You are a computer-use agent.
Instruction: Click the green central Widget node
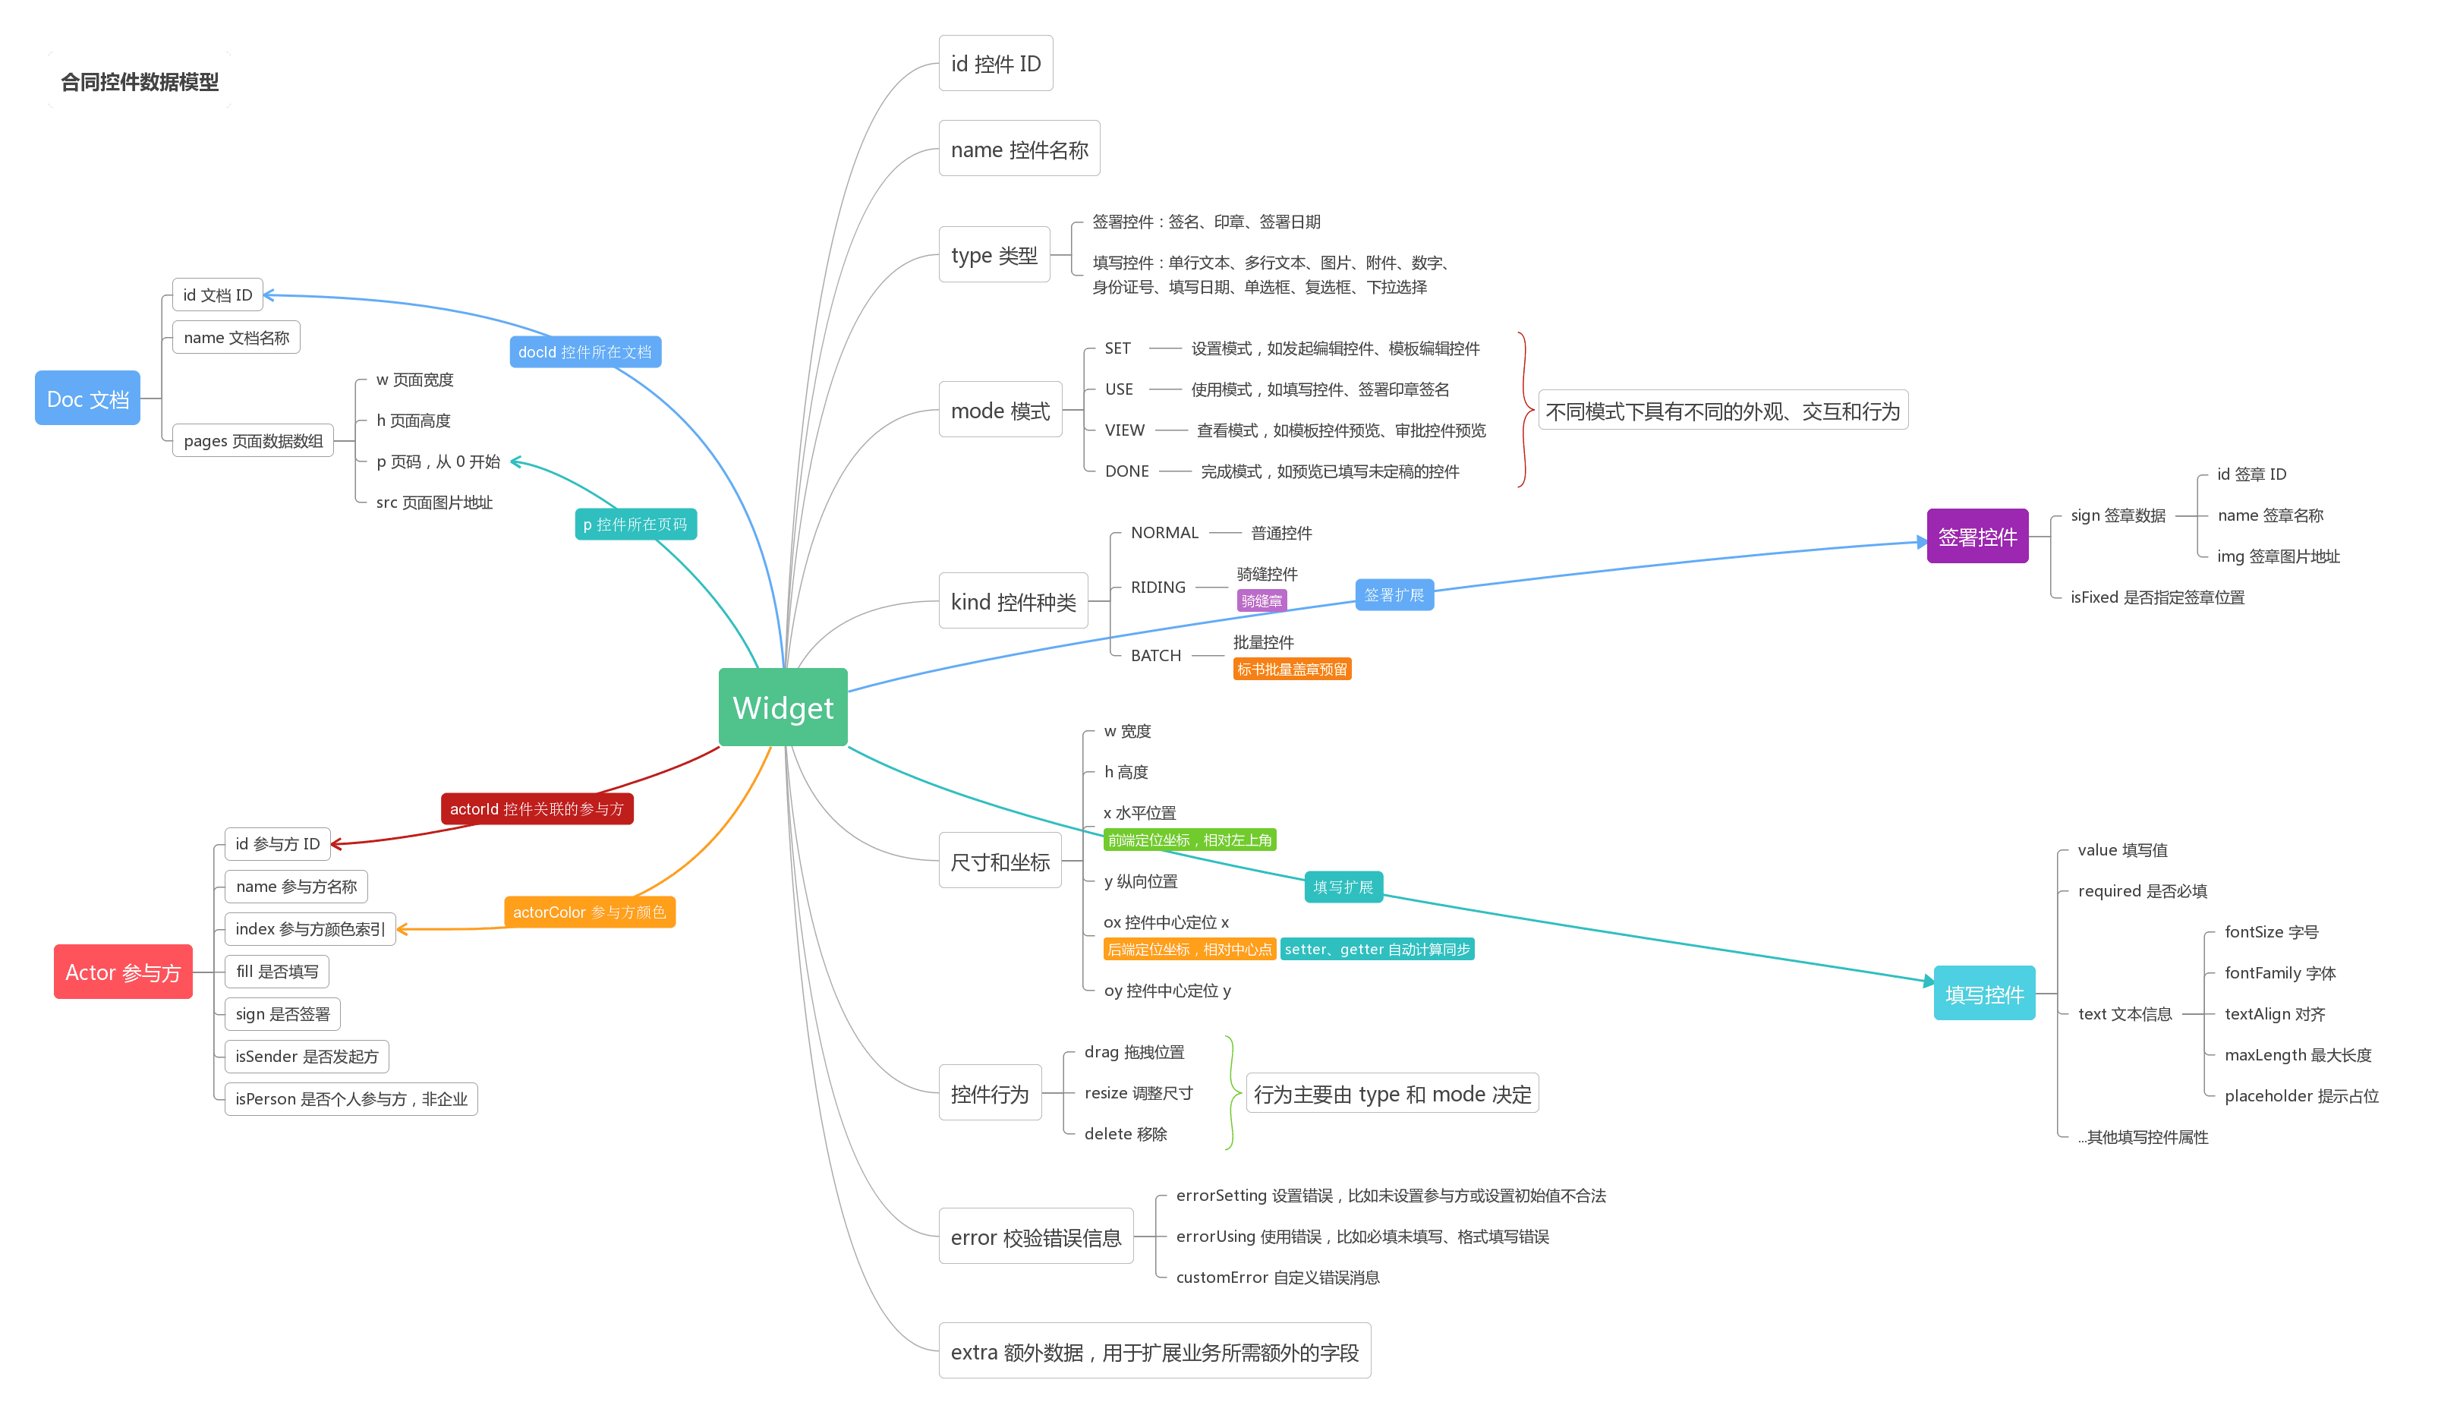[783, 707]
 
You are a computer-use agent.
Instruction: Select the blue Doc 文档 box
[87, 398]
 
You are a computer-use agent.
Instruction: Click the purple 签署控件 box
[1977, 536]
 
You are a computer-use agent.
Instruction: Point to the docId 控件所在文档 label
[585, 351]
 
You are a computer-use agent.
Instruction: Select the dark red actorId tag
[537, 808]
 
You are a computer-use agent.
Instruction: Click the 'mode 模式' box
[1000, 409]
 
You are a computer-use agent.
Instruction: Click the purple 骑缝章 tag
[1262, 600]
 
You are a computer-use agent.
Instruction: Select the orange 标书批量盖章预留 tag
[1292, 669]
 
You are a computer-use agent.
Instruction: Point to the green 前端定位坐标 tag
[1190, 840]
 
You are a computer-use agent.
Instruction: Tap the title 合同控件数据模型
[140, 81]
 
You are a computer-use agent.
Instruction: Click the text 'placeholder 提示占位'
[2301, 1095]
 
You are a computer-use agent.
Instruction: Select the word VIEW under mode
[1124, 430]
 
